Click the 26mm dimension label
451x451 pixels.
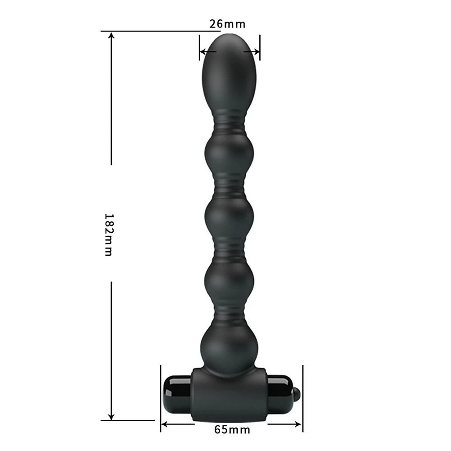[x=227, y=24]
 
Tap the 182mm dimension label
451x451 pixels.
[x=109, y=235]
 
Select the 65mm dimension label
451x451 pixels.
[x=232, y=430]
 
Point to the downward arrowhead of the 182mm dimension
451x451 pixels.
[x=111, y=416]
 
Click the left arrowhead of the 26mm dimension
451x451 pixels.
[x=203, y=52]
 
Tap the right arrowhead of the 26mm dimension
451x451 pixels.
[x=256, y=52]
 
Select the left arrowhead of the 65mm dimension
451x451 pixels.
[x=165, y=423]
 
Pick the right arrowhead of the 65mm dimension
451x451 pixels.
[x=298, y=423]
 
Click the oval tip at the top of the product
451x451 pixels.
[x=229, y=72]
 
